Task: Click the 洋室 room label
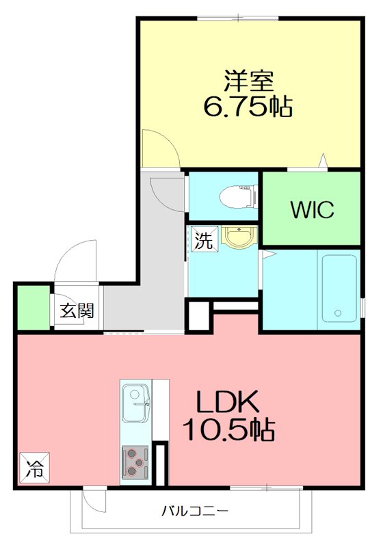click(x=249, y=81)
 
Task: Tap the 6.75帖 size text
click(x=248, y=107)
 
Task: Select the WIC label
click(x=312, y=210)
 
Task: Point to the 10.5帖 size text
click(x=228, y=430)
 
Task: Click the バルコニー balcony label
click(x=195, y=510)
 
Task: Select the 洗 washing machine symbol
click(x=203, y=240)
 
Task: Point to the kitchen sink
click(x=135, y=395)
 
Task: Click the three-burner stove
click(x=135, y=463)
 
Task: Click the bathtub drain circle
click(x=337, y=315)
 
